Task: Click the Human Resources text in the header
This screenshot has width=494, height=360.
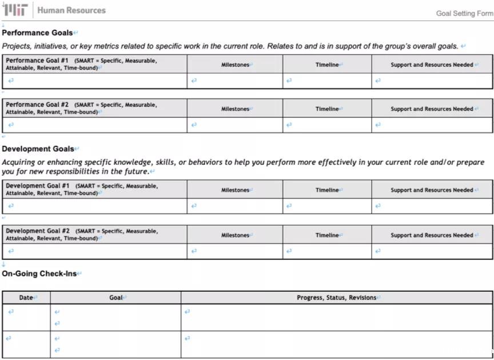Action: pos(71,10)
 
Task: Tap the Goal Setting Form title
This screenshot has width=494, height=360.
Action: pos(464,14)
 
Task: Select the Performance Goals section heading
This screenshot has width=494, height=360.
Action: pos(38,33)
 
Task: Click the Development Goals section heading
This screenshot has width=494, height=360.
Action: pos(38,149)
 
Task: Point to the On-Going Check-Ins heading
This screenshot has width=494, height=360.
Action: pos(39,274)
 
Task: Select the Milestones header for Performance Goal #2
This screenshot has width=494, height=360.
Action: pos(235,109)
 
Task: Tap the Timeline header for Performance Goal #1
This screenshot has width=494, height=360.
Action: pos(327,65)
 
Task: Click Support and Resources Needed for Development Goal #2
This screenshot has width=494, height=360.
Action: pos(432,235)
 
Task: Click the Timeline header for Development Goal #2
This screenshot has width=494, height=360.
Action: pos(327,235)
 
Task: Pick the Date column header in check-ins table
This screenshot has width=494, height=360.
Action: pos(26,298)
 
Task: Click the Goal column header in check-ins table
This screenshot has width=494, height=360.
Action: pos(116,298)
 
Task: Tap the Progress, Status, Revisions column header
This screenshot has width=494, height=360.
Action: pos(337,298)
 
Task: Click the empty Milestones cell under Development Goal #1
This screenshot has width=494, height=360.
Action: pos(235,206)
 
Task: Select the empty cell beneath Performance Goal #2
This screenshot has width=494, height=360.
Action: pos(95,125)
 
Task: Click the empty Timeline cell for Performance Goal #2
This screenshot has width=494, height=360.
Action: pos(327,125)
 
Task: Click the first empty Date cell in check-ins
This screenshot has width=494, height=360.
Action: pos(26,317)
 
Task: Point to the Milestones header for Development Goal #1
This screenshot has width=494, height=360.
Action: pos(235,190)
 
